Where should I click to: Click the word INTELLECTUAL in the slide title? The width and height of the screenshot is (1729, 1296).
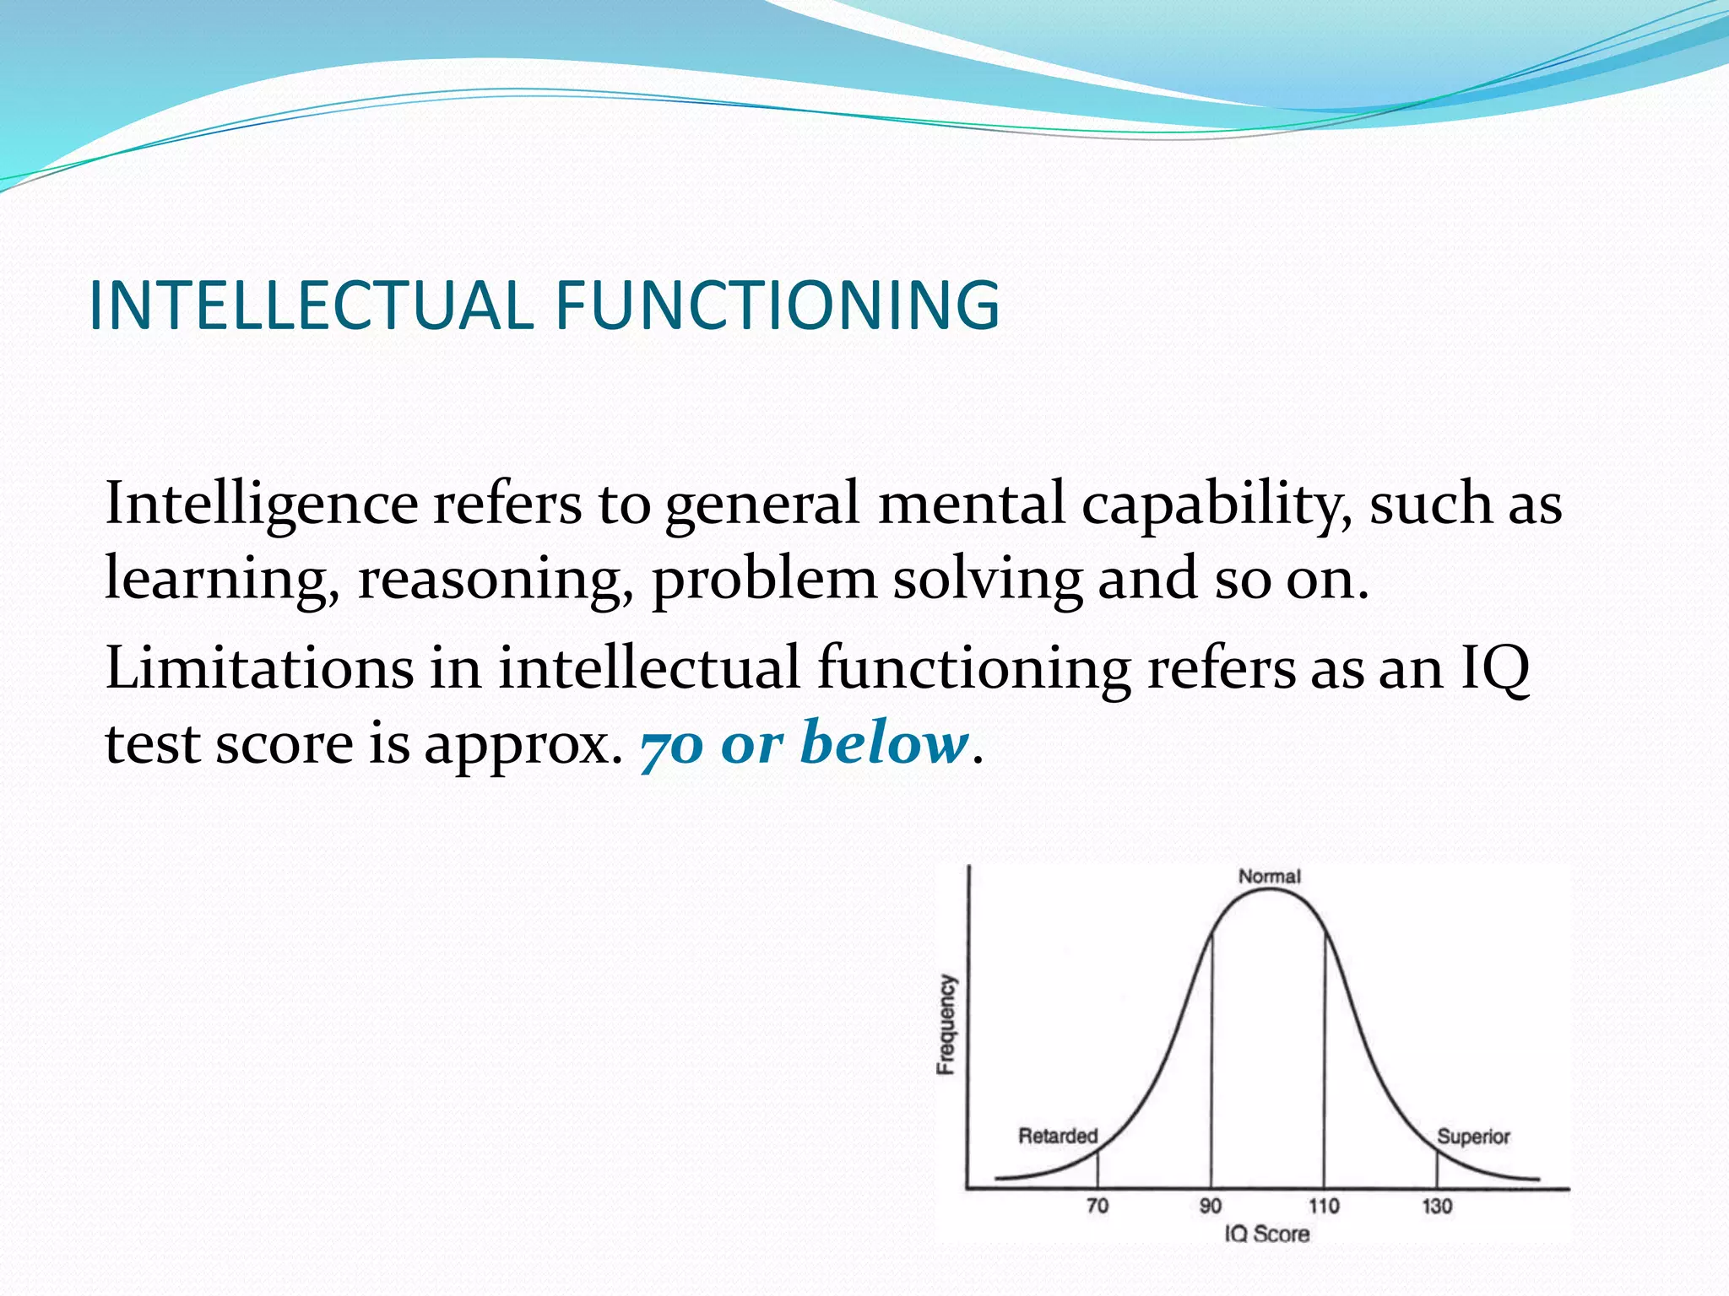coord(311,305)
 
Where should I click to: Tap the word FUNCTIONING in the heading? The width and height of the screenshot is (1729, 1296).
coord(777,305)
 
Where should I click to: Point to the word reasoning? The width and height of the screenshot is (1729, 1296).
coord(495,580)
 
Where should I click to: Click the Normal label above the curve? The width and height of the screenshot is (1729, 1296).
coord(1269,877)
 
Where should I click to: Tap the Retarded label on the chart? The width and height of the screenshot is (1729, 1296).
coord(1057,1136)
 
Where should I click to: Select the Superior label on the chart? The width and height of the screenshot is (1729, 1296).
coord(1473,1137)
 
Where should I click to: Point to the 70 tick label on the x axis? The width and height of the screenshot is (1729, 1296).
coord(1098,1206)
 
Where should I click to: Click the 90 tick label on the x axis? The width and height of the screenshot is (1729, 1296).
coord(1211,1206)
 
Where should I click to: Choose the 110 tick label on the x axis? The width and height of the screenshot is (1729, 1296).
coord(1324,1206)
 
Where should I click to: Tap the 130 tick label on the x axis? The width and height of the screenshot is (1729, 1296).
coord(1437,1206)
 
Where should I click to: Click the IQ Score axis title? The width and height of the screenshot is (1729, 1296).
coord(1267,1234)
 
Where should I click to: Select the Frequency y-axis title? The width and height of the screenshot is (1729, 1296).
coord(947,1024)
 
